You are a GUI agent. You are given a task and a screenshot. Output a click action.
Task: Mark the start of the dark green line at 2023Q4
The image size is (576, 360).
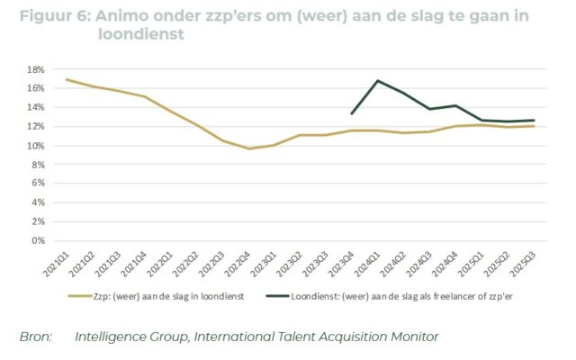point(352,113)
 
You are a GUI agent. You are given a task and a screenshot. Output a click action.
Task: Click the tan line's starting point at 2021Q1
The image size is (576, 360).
point(67,79)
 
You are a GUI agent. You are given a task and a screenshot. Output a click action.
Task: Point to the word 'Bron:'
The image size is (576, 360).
point(37,337)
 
